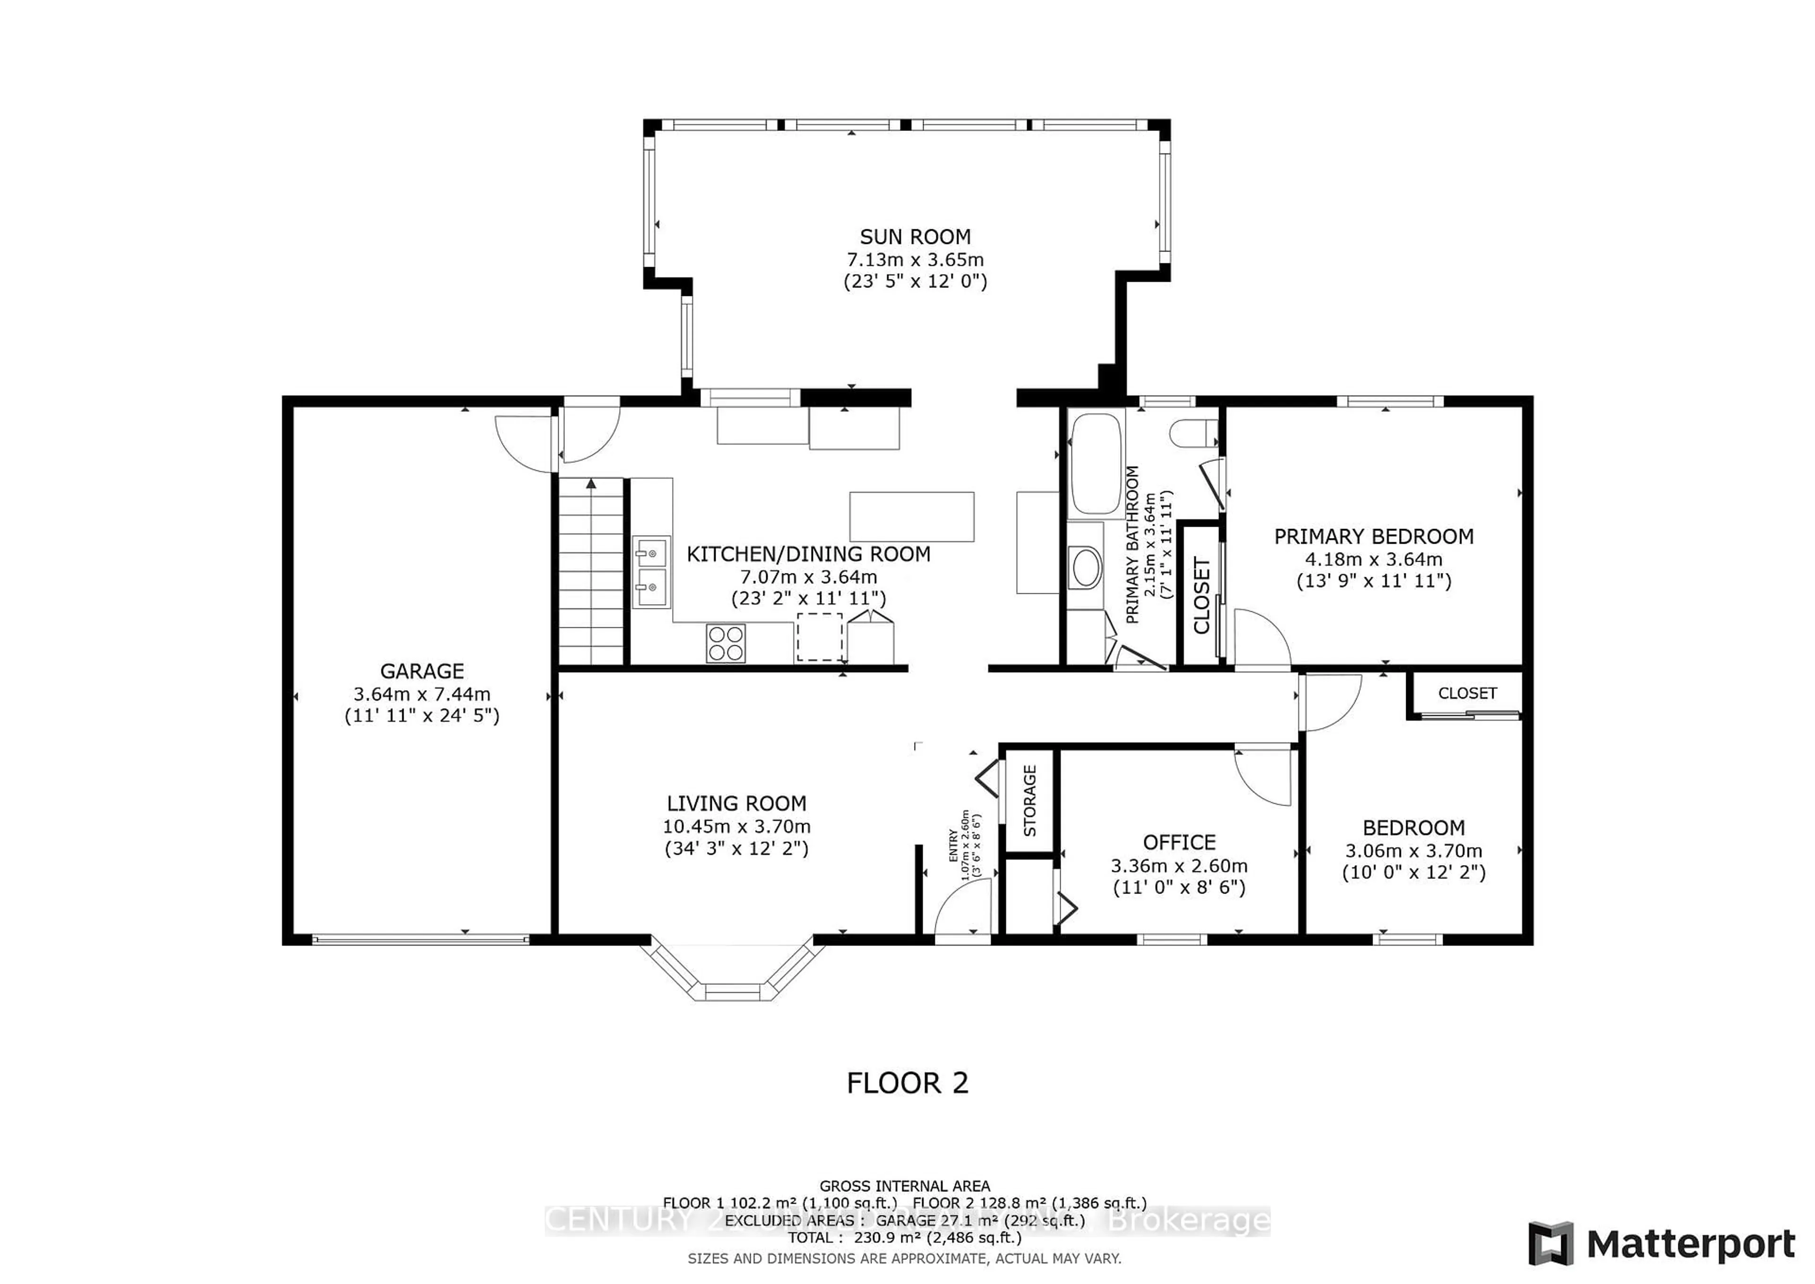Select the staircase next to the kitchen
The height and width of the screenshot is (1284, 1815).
pos(591,573)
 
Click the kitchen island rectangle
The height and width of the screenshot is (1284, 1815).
pos(911,516)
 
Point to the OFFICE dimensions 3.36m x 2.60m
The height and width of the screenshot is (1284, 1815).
pos(1179,865)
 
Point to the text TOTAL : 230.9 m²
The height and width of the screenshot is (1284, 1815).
pos(904,1237)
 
